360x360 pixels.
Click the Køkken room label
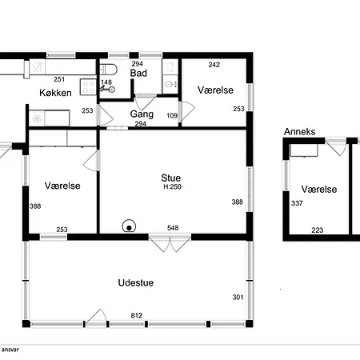tap(55, 93)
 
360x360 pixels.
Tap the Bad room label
tap(138, 73)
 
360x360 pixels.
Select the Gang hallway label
tap(142, 114)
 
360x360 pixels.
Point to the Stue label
tap(171, 178)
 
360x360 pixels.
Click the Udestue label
tap(136, 282)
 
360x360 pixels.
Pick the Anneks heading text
tap(299, 131)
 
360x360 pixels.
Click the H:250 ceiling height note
tap(173, 186)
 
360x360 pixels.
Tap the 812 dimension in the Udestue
tap(137, 315)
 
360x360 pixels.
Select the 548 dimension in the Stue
tap(173, 228)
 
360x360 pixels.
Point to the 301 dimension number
tap(238, 297)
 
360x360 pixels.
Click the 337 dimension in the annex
tap(297, 203)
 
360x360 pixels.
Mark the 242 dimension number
tap(214, 65)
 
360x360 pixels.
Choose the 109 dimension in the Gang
tap(172, 115)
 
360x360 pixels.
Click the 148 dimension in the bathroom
tap(106, 82)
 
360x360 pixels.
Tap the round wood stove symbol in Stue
tap(129, 226)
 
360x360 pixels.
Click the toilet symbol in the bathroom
tap(108, 70)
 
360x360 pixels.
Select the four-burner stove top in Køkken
tap(88, 87)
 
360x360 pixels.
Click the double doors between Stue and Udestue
tap(170, 243)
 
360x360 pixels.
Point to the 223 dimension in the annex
tap(318, 230)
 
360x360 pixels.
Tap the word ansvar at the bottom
tap(10, 350)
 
